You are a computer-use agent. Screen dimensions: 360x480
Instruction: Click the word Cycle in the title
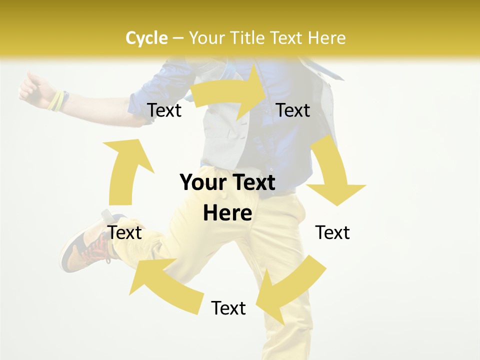tap(146, 38)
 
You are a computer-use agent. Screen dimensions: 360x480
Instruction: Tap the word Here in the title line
tap(327, 38)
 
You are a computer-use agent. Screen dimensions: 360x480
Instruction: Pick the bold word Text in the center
tap(253, 183)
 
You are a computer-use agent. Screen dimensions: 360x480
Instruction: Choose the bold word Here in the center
tap(227, 213)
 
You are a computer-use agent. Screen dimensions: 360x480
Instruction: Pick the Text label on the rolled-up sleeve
tap(164, 110)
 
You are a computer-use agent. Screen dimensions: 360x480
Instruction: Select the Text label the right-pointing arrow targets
tap(293, 110)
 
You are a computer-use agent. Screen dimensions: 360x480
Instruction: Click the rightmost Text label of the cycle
tap(332, 232)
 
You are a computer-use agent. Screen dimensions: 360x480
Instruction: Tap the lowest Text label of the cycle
tap(228, 308)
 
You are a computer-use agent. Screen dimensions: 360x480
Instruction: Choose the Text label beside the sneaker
tap(125, 232)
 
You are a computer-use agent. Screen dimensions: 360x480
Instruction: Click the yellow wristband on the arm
tap(56, 100)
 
